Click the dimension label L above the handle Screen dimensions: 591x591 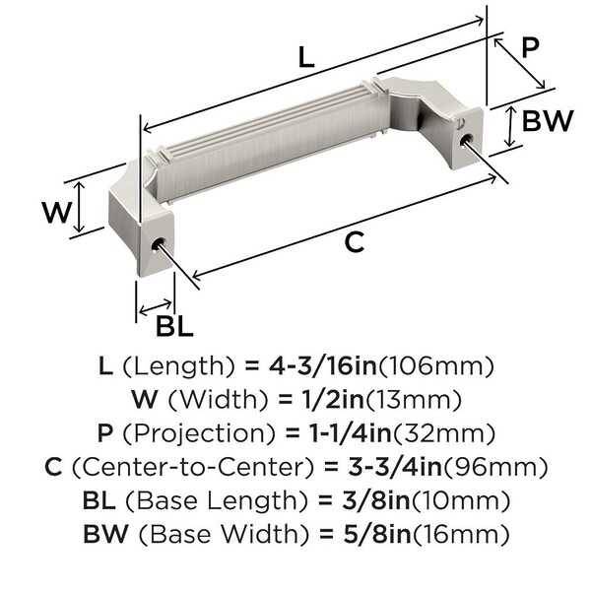306,57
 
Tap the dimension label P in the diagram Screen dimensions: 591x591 530,48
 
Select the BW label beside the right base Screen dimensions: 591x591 548,120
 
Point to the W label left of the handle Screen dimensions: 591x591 56,212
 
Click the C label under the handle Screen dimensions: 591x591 355,242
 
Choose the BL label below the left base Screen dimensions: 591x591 174,326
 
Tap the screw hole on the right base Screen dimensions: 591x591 467,139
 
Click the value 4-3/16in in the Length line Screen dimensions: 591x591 323,366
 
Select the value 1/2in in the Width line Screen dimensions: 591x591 333,400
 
